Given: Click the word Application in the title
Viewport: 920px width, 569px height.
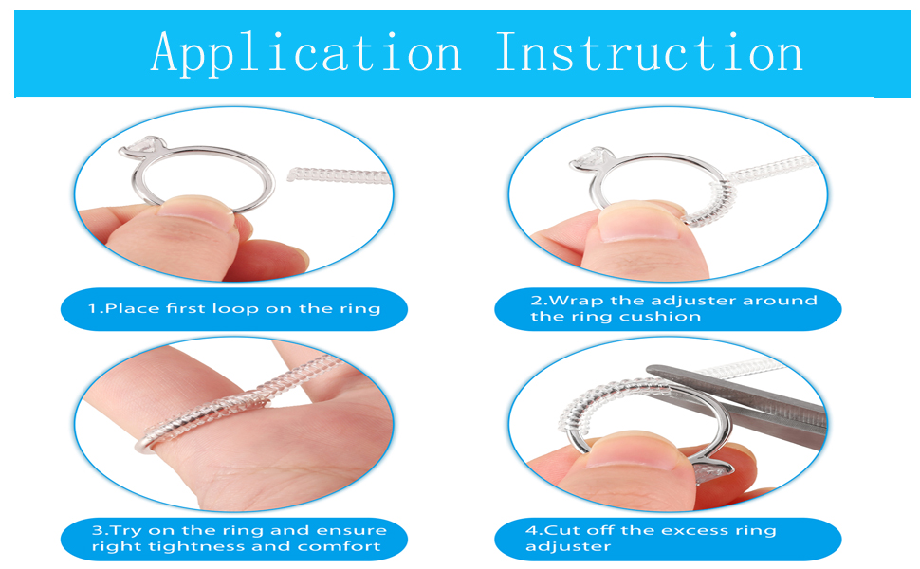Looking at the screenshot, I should pos(305,52).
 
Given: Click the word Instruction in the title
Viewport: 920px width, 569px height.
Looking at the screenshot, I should pos(649,52).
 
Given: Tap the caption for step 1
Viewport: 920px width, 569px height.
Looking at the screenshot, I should pos(234,308).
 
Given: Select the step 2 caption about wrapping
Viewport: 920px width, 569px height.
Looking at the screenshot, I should pos(669,308).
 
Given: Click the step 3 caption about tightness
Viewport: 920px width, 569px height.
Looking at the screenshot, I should pos(234,538).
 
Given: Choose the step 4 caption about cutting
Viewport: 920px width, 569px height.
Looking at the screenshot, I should pos(669,538).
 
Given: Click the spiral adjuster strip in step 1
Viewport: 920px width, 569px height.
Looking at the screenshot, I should pos(337,175).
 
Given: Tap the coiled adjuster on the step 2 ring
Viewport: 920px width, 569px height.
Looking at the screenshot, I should pos(707,204).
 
